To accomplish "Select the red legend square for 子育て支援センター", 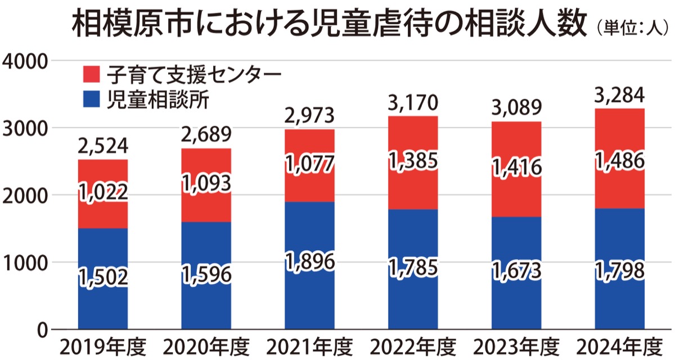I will click(x=91, y=74).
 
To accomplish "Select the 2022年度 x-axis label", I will click(x=413, y=345).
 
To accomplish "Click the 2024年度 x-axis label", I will click(x=619, y=345).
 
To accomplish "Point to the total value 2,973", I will click(x=310, y=116).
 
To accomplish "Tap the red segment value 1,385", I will click(x=413, y=161).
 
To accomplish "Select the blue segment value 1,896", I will click(x=310, y=262).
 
